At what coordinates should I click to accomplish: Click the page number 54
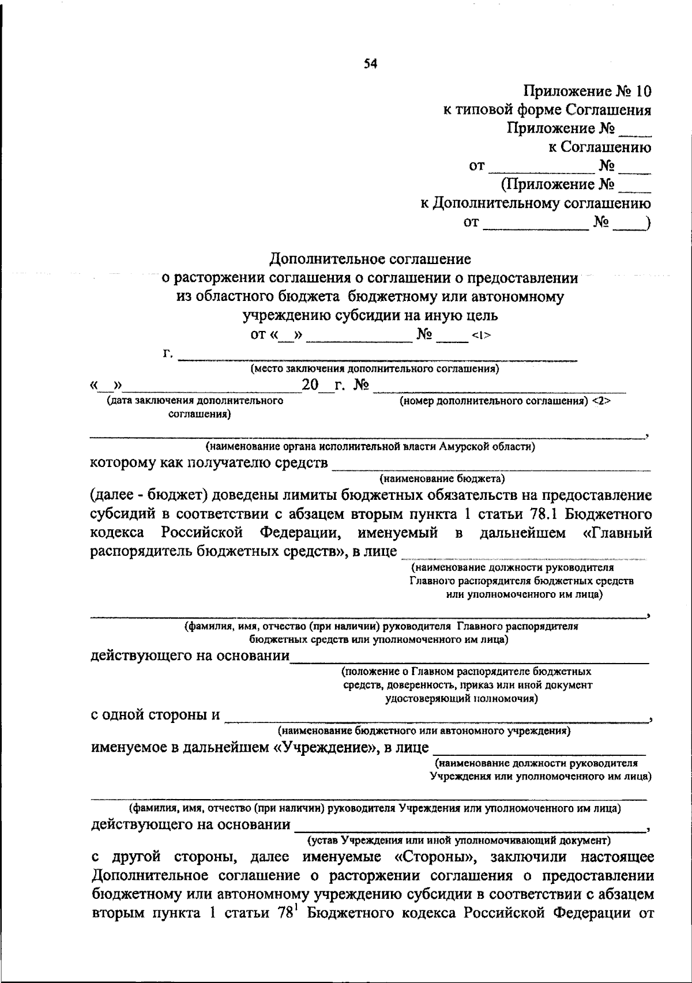tap(370, 65)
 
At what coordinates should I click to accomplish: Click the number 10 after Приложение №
tap(641, 91)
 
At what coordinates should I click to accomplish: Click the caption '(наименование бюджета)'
tap(442, 478)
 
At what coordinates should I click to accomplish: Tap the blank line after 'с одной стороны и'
tap(435, 719)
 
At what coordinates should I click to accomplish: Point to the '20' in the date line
tap(310, 385)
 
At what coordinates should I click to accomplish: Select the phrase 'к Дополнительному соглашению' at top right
tap(535, 203)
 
